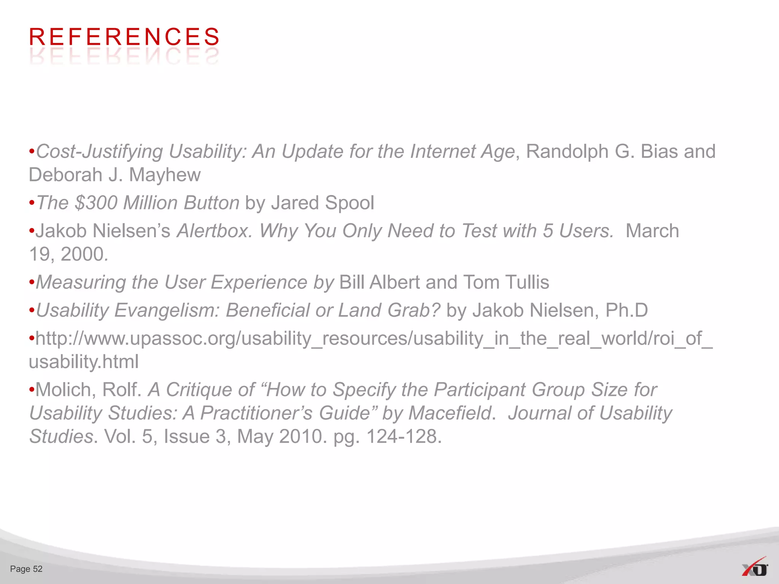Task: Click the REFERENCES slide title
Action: (124, 37)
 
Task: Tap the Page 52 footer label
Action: (26, 569)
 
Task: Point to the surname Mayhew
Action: (164, 175)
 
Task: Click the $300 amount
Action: (96, 203)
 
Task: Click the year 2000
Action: (84, 254)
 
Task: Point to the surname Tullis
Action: (527, 282)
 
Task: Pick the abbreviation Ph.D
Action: (626, 310)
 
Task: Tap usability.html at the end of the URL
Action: (84, 362)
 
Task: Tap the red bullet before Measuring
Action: (32, 282)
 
